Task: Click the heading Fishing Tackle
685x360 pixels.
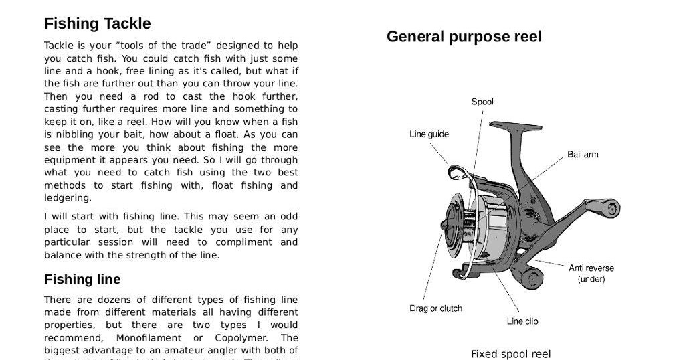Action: [x=97, y=24]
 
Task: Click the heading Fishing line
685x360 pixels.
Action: [x=82, y=279]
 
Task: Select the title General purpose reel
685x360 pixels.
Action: [x=464, y=37]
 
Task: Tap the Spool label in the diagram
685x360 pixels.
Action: [x=482, y=102]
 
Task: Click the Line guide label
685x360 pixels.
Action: [x=429, y=134]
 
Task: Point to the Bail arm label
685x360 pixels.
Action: [x=583, y=154]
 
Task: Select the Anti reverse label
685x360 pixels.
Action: [x=591, y=268]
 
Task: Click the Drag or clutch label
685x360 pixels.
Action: [x=435, y=308]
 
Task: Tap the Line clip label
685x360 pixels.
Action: [x=522, y=321]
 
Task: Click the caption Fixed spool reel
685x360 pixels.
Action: [x=510, y=354]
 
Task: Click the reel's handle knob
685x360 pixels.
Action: [x=610, y=207]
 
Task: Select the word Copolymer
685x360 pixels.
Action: [x=236, y=338]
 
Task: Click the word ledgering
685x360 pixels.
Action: [x=68, y=198]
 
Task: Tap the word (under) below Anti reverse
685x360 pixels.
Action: [x=591, y=279]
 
